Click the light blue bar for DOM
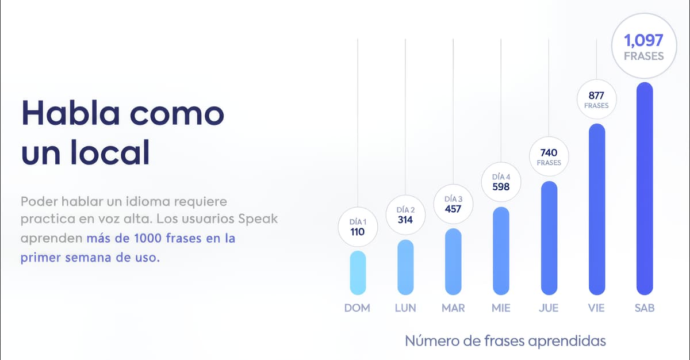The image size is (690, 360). click(x=358, y=273)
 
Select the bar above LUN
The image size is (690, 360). click(x=405, y=267)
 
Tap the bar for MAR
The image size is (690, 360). click(x=453, y=262)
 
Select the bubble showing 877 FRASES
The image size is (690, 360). click(x=596, y=100)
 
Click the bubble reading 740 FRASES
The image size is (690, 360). click(x=549, y=157)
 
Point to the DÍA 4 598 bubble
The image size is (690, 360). click(x=501, y=182)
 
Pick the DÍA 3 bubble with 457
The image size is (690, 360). click(x=453, y=204)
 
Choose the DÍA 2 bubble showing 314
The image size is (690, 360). click(x=405, y=215)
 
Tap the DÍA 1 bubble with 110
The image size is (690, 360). click(x=358, y=227)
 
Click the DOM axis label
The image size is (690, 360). click(x=357, y=308)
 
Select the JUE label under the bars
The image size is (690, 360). click(x=549, y=308)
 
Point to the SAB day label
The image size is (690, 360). click(x=644, y=308)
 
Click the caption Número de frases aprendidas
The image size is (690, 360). click(x=505, y=341)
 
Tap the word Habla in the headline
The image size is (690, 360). click(x=71, y=113)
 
